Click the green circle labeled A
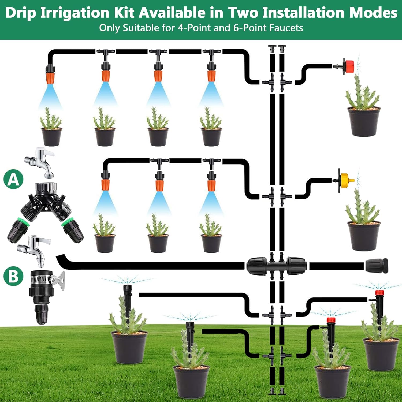pyautogui.click(x=13, y=179)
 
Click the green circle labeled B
pyautogui.click(x=13, y=276)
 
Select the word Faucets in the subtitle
pyautogui.click(x=286, y=28)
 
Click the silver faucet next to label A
pyautogui.click(x=40, y=162)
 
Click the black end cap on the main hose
pyautogui.click(x=376, y=266)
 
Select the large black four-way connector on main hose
pyautogui.click(x=277, y=266)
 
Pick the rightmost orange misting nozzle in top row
pyautogui.click(x=211, y=76)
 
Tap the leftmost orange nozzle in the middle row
pyautogui.click(x=105, y=185)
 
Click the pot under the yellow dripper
pyautogui.click(x=364, y=236)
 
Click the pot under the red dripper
pyautogui.click(x=364, y=121)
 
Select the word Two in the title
pyautogui.click(x=243, y=13)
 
